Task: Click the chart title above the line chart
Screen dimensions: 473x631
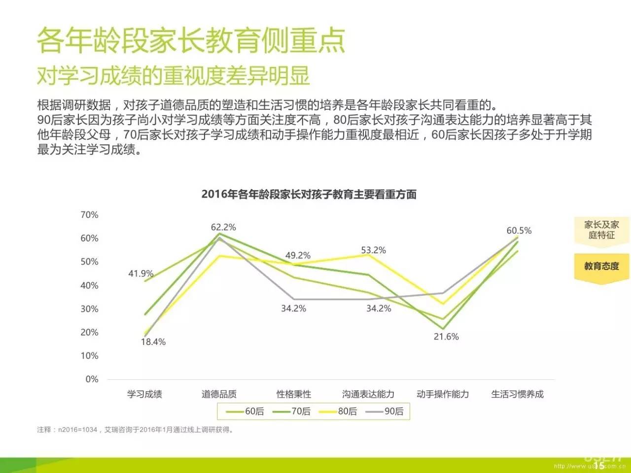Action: (309, 194)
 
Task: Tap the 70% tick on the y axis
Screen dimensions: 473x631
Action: (89, 215)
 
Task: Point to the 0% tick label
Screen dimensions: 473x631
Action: (92, 379)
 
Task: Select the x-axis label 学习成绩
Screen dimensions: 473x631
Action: (144, 394)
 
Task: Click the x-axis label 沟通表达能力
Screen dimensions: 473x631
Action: (368, 394)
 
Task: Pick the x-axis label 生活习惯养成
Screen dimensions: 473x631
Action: (517, 394)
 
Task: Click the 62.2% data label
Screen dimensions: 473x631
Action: (223, 227)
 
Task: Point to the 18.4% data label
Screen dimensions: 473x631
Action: (153, 342)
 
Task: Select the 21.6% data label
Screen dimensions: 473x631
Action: (446, 337)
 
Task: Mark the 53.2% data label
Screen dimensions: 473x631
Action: (373, 250)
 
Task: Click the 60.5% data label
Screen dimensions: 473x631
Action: (519, 231)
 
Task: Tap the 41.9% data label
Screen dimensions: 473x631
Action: (141, 273)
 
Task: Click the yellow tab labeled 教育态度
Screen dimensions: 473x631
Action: (601, 267)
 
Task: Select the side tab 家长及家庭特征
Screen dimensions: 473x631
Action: (601, 230)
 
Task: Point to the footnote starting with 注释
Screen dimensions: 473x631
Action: (136, 430)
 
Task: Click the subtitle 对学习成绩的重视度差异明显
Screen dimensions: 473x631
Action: (174, 75)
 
